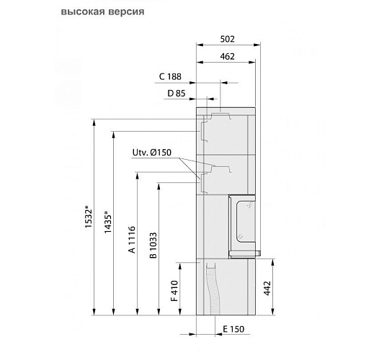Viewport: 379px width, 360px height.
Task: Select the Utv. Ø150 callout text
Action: click(152, 153)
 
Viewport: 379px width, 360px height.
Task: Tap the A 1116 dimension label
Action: click(132, 241)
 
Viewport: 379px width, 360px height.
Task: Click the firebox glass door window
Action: click(242, 224)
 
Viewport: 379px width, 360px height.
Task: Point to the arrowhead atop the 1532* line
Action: click(94, 122)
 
